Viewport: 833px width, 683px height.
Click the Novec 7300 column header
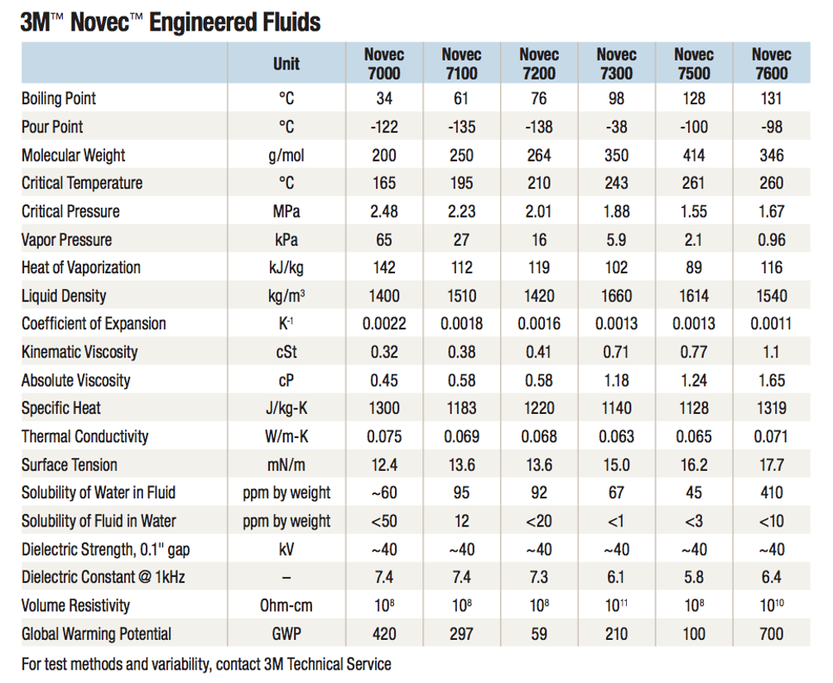[616, 63]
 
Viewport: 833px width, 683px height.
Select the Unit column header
[286, 64]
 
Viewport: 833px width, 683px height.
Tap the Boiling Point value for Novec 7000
[384, 99]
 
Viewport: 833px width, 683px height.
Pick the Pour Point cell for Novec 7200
[539, 127]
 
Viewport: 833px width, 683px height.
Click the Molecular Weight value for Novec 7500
[694, 155]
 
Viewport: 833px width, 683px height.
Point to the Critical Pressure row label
[70, 211]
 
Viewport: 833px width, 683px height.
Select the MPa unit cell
[286, 211]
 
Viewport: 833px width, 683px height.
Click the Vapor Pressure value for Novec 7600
[772, 239]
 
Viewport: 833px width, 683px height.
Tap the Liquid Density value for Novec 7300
[616, 296]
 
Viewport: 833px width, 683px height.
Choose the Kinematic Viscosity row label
[79, 352]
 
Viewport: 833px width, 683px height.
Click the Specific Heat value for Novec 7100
[461, 408]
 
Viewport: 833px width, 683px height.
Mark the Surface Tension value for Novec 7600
[772, 464]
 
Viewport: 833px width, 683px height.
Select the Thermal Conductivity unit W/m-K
[286, 436]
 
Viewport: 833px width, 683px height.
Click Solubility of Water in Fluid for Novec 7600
[772, 493]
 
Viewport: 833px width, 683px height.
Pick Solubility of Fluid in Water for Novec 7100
[461, 521]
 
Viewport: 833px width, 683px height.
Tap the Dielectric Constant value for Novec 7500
[694, 577]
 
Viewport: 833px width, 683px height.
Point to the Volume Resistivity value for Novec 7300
[616, 605]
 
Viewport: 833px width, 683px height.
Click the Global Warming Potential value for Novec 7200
[539, 633]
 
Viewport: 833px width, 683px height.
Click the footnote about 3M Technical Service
[206, 664]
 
